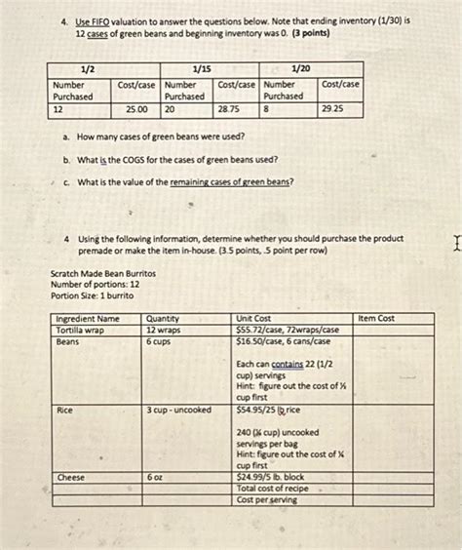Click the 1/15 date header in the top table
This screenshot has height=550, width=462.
point(202,69)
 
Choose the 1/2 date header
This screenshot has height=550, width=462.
point(87,69)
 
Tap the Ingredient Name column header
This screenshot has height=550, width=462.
point(88,319)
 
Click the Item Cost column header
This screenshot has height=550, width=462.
point(376,318)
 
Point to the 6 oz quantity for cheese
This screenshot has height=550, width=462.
point(155,478)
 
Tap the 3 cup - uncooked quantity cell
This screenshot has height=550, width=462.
point(179,411)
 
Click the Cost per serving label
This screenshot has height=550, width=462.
point(268,499)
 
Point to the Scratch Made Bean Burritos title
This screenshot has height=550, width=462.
point(102,274)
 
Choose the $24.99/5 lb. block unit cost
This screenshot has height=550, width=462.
point(279,478)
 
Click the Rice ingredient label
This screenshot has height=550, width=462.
point(65,411)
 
